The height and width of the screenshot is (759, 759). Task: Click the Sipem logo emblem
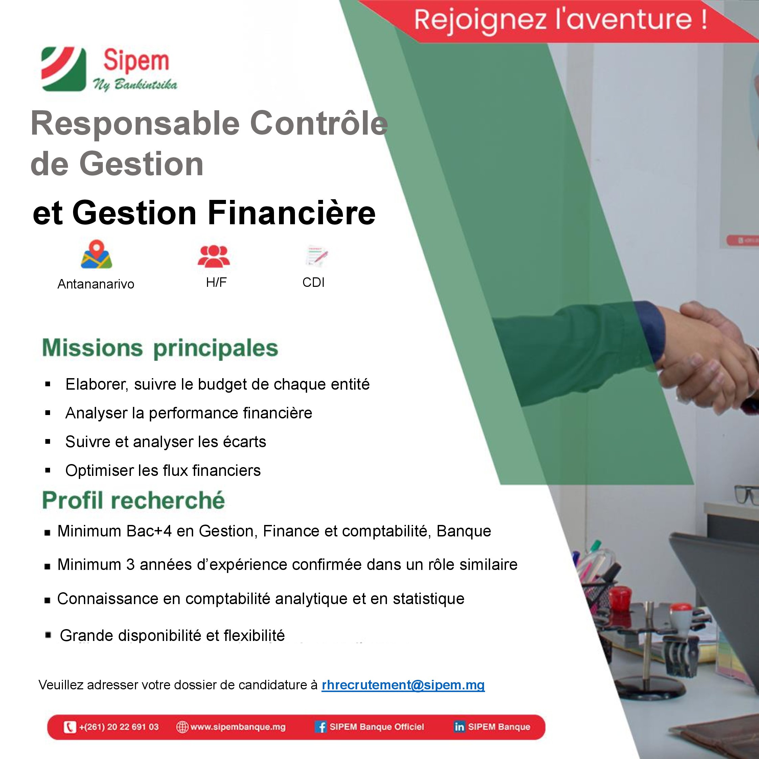click(x=63, y=69)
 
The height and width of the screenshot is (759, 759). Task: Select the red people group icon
click(x=213, y=256)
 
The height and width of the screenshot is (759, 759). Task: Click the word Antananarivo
click(x=96, y=284)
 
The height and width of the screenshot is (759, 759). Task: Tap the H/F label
click(x=216, y=282)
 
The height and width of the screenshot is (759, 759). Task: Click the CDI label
click(x=314, y=282)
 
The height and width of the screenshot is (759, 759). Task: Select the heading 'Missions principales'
click(x=160, y=348)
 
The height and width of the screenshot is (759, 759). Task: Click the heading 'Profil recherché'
click(x=134, y=500)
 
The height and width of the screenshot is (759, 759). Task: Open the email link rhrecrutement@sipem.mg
click(x=403, y=685)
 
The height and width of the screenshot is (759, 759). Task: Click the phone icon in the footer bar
click(x=70, y=727)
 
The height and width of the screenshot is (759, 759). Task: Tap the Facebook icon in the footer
click(x=321, y=727)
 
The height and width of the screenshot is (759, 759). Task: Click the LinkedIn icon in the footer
click(x=459, y=727)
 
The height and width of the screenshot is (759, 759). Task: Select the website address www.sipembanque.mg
click(x=238, y=727)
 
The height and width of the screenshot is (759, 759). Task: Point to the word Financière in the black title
click(x=292, y=212)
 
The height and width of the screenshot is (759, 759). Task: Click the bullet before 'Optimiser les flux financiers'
click(x=48, y=470)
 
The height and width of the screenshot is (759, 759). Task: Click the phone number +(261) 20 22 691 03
click(x=119, y=727)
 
